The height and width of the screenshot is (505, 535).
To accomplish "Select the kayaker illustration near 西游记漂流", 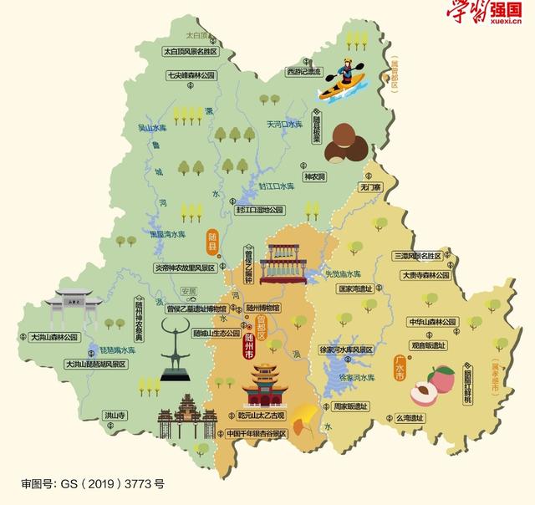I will (x=346, y=78).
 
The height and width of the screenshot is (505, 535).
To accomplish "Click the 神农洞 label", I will (x=314, y=177).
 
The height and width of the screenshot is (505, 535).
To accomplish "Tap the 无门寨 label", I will (x=370, y=189).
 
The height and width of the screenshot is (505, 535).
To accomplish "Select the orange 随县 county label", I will (x=211, y=242).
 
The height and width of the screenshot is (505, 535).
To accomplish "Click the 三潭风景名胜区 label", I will (x=422, y=255).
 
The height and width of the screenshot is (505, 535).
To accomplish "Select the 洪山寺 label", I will (x=115, y=415).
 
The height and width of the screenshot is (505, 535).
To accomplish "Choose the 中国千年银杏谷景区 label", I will (x=256, y=434).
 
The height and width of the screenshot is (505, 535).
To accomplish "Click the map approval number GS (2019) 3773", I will (x=93, y=482).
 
